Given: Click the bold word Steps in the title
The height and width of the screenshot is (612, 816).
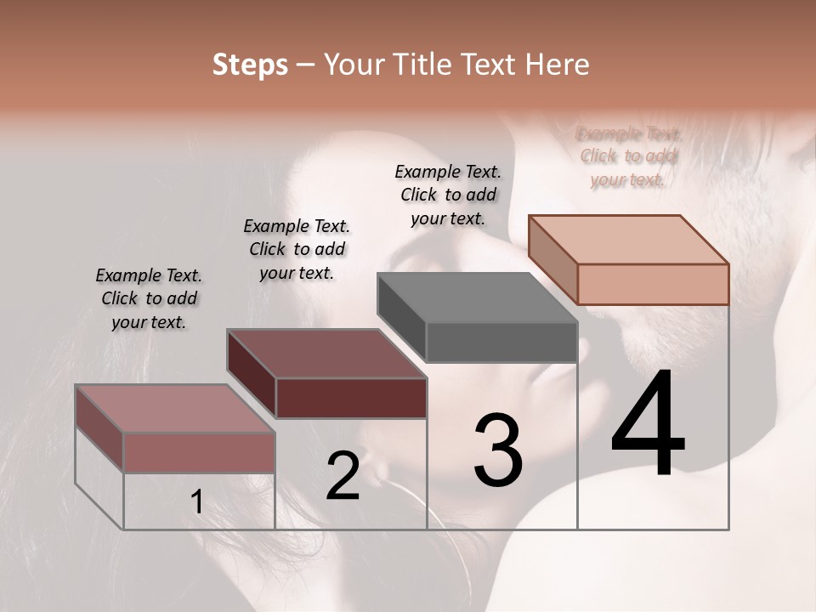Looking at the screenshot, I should [250, 65].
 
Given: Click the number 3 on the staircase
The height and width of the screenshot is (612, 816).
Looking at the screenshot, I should [498, 450].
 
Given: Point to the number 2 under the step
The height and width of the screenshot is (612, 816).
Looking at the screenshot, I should [343, 476].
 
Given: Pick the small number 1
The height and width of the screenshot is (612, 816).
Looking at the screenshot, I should [197, 502].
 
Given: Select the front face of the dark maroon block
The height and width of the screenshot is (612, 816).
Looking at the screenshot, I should [351, 398].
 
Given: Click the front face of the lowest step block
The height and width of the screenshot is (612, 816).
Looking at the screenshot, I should [199, 452].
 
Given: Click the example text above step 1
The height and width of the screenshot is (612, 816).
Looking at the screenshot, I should [149, 298].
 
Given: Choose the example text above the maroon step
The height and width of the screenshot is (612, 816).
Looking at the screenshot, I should [297, 249].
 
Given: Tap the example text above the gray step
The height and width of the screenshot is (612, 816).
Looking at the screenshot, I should [448, 195].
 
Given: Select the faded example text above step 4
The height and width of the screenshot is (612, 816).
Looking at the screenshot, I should [628, 156].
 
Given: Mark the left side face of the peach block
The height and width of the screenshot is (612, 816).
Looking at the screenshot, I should [552, 259].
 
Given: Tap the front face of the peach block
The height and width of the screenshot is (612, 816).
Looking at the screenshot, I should [653, 284].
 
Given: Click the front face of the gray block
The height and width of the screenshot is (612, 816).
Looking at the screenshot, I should [501, 343].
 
